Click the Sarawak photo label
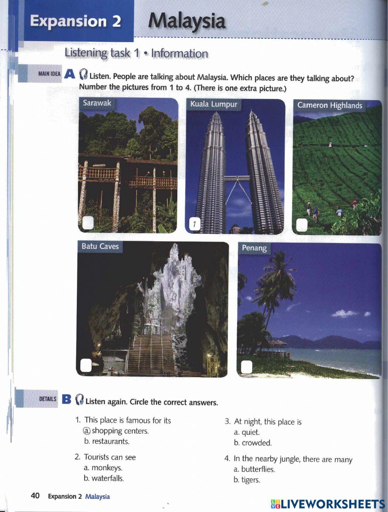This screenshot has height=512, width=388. click(97, 103)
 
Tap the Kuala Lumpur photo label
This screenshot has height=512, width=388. click(214, 104)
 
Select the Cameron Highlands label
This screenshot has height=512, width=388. click(329, 105)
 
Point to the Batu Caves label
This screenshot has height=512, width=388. click(100, 247)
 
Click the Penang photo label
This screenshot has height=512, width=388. click(254, 248)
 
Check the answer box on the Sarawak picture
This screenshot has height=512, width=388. click(88, 222)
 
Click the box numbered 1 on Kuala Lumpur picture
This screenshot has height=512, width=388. click(194, 224)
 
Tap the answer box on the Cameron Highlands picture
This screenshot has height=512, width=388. click(301, 225)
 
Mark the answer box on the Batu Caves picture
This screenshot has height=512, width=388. click(86, 365)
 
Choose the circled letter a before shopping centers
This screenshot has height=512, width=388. click(87, 431)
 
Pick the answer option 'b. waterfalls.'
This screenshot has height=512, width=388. click(104, 479)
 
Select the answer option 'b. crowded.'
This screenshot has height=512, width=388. click(253, 443)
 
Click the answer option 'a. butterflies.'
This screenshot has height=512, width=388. click(254, 469)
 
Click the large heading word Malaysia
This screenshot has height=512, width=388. click(187, 21)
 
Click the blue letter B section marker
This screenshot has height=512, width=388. click(66, 399)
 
